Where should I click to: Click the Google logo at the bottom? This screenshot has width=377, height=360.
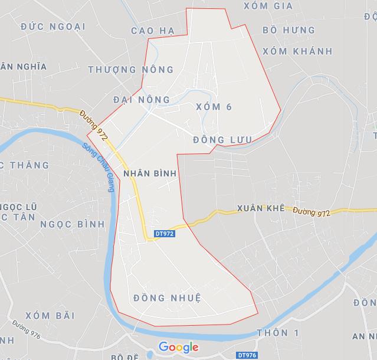pyautogui.click(x=178, y=347)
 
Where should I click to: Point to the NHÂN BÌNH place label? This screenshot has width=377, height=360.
pyautogui.click(x=149, y=174)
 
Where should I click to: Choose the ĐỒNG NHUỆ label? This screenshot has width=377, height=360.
pyautogui.click(x=167, y=297)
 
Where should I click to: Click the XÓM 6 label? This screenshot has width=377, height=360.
pyautogui.click(x=213, y=107)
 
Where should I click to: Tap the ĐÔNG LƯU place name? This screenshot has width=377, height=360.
pyautogui.click(x=222, y=140)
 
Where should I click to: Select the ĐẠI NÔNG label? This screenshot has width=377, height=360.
pyautogui.click(x=141, y=99)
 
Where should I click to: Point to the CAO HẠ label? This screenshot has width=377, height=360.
pyautogui.click(x=153, y=31)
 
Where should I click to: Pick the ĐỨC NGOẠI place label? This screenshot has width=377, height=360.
pyautogui.click(x=53, y=27)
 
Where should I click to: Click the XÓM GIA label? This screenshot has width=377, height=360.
pyautogui.click(x=268, y=6)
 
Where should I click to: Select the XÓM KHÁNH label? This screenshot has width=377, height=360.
pyautogui.click(x=297, y=51)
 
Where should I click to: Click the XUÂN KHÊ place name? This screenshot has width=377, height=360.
pyautogui.click(x=260, y=208)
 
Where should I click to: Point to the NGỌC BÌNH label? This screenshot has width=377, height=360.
pyautogui.click(x=73, y=224)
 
